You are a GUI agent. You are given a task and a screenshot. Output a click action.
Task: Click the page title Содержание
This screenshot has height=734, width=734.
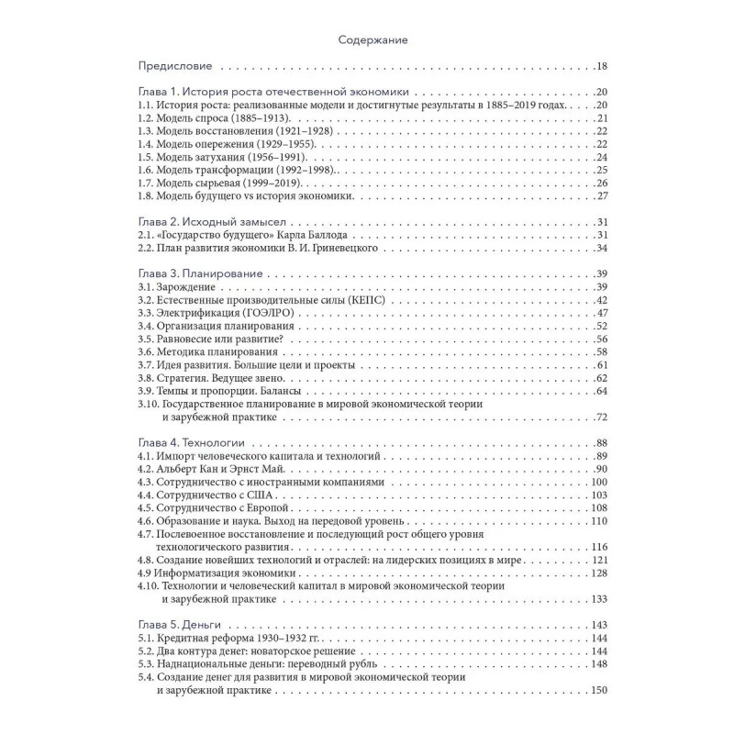[366, 40]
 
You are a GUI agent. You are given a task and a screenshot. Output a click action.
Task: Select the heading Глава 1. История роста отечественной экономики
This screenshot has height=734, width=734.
[272, 93]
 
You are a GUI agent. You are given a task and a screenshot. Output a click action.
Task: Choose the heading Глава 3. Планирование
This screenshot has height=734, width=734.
[200, 274]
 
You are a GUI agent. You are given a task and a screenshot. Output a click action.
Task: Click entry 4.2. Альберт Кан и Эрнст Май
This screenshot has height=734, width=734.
[222, 470]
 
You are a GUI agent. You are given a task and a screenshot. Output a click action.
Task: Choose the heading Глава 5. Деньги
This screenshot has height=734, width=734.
[181, 626]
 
